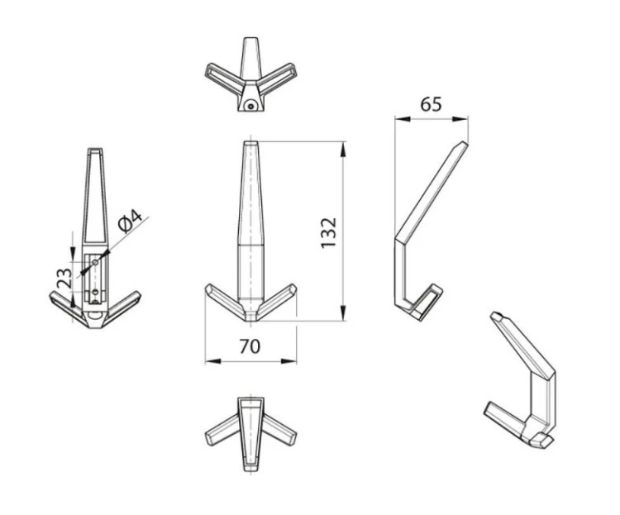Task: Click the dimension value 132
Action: click(x=328, y=232)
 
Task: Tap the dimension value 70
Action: click(x=250, y=346)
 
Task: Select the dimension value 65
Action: click(x=431, y=104)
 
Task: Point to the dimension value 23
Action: click(x=64, y=278)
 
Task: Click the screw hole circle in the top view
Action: click(x=250, y=106)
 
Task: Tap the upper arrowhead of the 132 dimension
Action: click(x=343, y=150)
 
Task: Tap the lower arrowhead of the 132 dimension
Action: click(x=343, y=312)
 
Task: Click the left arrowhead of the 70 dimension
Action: click(x=213, y=361)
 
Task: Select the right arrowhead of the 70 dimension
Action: click(x=288, y=361)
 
